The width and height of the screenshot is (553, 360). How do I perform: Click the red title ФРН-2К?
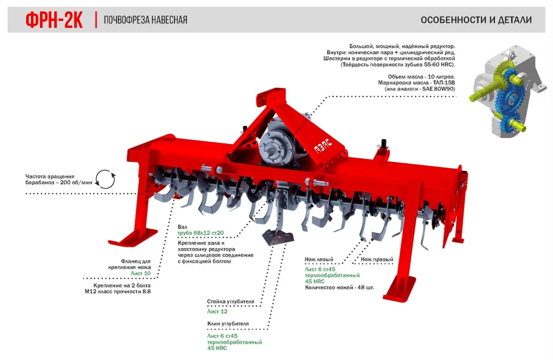[x=54, y=20]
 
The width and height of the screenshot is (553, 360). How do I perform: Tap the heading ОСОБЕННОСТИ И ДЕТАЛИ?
[x=476, y=20]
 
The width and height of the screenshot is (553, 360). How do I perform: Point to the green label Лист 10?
[x=140, y=273]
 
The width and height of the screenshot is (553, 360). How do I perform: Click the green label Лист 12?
[x=217, y=311]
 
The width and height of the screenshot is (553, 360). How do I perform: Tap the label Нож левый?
[x=319, y=260]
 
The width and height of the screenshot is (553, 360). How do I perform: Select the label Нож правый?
[x=377, y=260]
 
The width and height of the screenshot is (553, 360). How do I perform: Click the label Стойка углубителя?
[x=231, y=301]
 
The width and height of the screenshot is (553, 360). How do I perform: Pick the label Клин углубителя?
[x=228, y=324]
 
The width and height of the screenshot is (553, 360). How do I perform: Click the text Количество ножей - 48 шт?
[x=340, y=288]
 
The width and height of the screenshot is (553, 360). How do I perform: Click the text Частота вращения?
[x=50, y=177]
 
